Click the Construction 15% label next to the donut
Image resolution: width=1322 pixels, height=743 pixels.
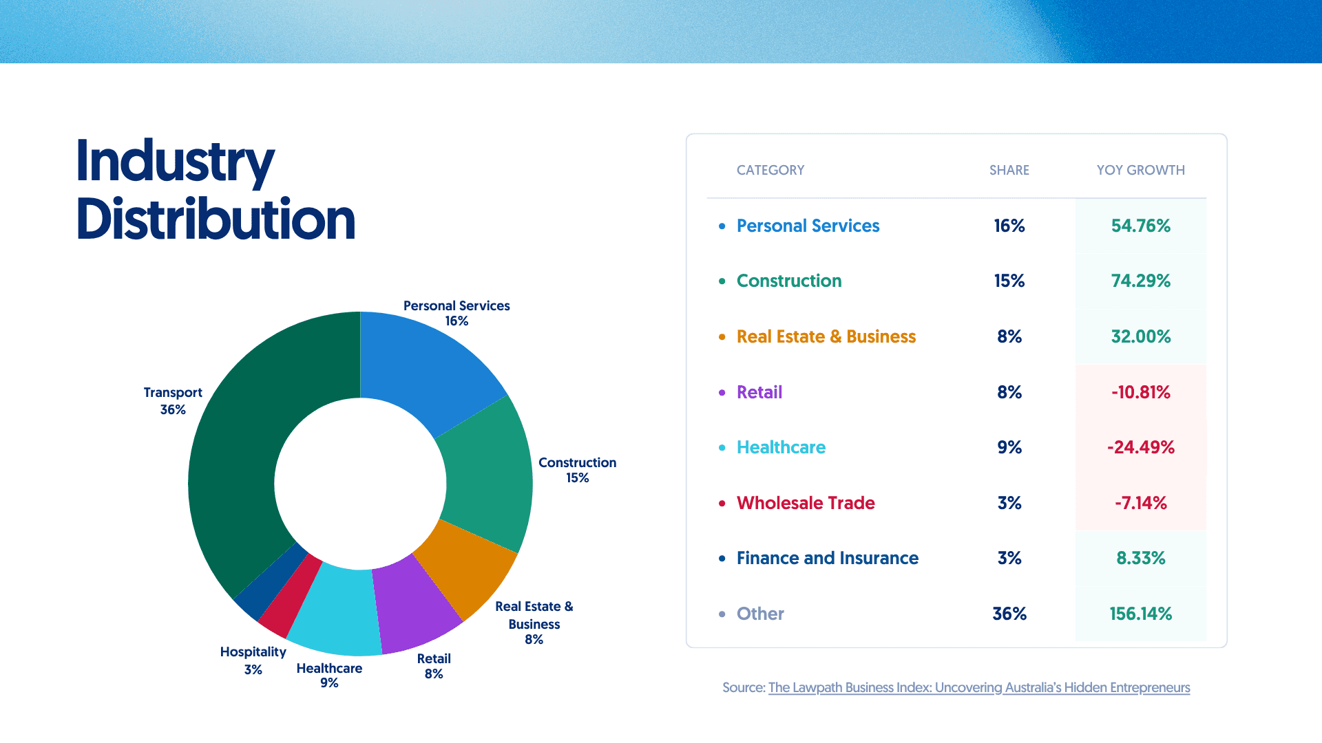(x=577, y=470)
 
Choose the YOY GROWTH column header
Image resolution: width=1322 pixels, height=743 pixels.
(x=1140, y=170)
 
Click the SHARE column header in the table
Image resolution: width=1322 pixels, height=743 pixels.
(x=1009, y=170)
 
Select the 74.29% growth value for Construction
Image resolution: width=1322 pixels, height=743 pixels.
(x=1140, y=281)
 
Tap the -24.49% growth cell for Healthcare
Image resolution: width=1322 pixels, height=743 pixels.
(x=1140, y=447)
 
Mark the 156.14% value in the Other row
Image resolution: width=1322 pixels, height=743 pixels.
(x=1140, y=614)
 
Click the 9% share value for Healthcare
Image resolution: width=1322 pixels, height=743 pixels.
(x=1009, y=447)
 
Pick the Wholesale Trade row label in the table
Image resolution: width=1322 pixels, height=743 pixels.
(x=806, y=503)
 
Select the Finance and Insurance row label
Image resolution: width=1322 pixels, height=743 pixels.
(x=827, y=558)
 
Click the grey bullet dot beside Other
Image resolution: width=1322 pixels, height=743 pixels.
(x=722, y=614)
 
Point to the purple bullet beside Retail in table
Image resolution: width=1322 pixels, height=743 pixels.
(x=722, y=392)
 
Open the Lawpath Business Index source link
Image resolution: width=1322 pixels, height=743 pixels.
(x=978, y=687)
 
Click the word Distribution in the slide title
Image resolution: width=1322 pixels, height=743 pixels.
(x=216, y=219)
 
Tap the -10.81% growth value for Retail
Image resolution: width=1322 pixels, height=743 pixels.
(x=1140, y=392)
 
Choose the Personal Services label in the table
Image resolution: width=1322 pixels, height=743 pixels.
(x=808, y=226)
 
